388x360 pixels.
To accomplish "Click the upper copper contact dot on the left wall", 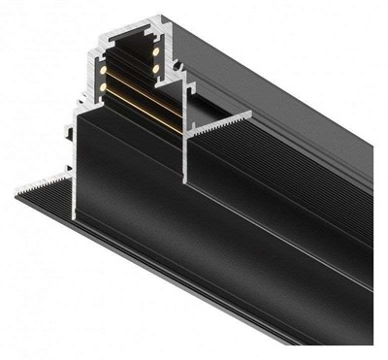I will [x=100, y=69].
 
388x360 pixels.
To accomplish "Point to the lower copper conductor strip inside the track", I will [x=145, y=115].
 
